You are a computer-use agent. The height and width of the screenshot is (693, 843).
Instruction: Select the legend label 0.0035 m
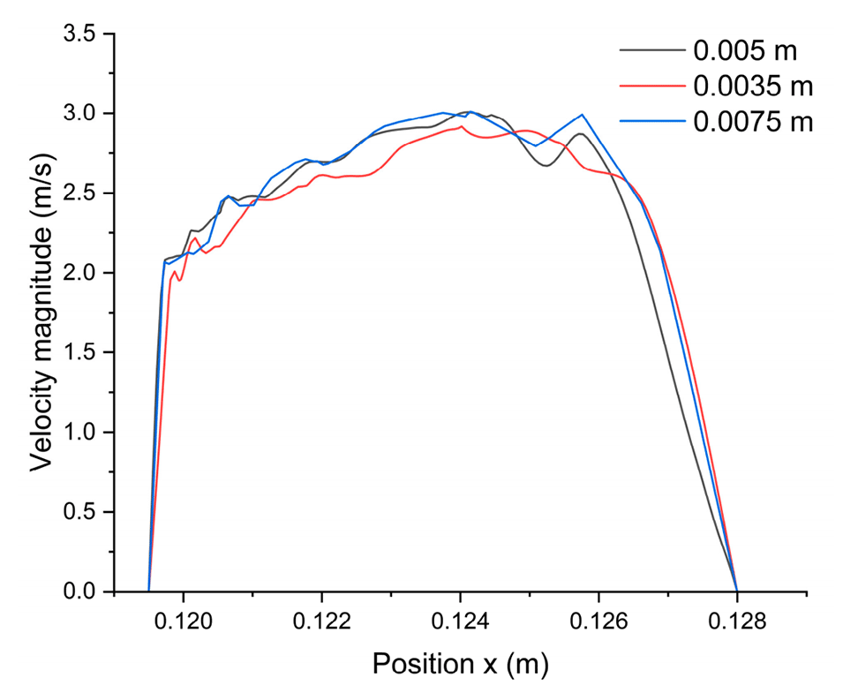pyautogui.click(x=753, y=86)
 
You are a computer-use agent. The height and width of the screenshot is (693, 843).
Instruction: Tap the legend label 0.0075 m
pyautogui.click(x=753, y=121)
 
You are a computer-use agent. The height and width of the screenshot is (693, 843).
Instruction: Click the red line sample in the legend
pyautogui.click(x=652, y=87)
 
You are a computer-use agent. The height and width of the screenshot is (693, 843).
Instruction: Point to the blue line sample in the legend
pyautogui.click(x=652, y=122)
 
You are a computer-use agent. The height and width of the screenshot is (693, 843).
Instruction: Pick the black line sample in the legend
pyautogui.click(x=652, y=51)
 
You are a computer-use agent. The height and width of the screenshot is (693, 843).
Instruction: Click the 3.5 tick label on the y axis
pyautogui.click(x=85, y=34)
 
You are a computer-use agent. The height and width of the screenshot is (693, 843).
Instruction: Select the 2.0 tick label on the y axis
pyautogui.click(x=85, y=273)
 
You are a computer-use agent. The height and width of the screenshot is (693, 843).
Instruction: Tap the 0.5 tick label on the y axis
pyautogui.click(x=85, y=512)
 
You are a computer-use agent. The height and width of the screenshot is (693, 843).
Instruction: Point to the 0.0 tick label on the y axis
pyautogui.click(x=85, y=591)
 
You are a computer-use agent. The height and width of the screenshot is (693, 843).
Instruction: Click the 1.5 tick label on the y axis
pyautogui.click(x=85, y=352)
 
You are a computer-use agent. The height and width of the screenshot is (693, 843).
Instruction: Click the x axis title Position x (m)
pyautogui.click(x=460, y=664)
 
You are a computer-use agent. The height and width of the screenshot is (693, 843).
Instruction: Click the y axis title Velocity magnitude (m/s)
pyautogui.click(x=41, y=312)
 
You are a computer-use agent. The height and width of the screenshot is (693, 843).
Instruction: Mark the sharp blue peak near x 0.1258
pyautogui.click(x=583, y=115)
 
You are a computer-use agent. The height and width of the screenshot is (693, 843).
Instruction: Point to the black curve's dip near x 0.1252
pyautogui.click(x=546, y=166)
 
